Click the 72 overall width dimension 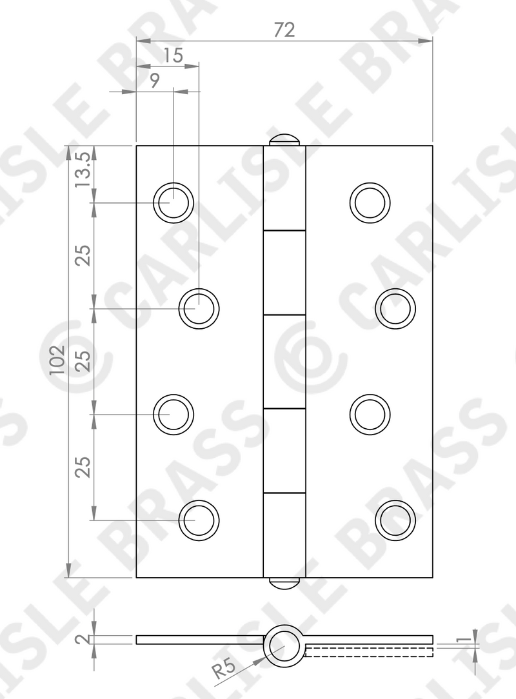coord(284,30)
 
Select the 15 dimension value coord(173,55)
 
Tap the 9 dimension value coord(154,81)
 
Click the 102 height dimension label coord(57,360)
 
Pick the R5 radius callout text coord(223,668)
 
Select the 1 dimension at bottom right coord(464,639)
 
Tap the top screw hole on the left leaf coord(174,202)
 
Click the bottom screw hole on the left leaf coord(199,520)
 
